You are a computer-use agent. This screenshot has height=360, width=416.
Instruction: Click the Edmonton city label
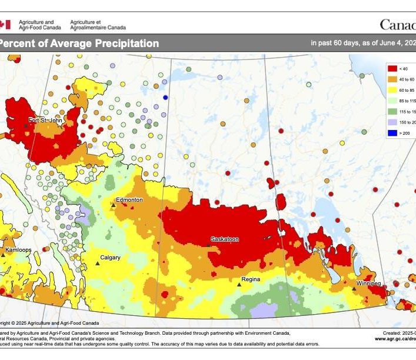129,200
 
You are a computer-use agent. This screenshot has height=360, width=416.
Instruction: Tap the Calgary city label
110,258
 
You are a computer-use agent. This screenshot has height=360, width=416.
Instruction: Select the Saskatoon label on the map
225,239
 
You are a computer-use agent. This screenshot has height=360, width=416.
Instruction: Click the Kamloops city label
18,250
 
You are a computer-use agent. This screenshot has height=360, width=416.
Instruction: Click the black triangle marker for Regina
239,284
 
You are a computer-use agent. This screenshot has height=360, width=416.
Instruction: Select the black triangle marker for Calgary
98,263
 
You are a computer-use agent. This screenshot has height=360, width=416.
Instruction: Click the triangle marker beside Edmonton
114,205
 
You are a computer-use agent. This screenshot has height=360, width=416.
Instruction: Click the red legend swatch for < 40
391,69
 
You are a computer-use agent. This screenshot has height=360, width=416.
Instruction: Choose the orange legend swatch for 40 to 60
391,79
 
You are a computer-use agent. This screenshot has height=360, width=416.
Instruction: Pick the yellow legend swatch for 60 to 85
391,90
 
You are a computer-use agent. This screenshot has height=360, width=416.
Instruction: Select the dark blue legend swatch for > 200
391,132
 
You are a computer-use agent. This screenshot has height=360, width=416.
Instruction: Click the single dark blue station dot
165,97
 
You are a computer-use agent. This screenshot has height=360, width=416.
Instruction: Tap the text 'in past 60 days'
334,44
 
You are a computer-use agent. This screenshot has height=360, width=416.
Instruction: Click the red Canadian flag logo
5,24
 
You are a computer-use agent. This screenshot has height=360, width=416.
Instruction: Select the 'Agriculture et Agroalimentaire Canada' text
97,24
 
